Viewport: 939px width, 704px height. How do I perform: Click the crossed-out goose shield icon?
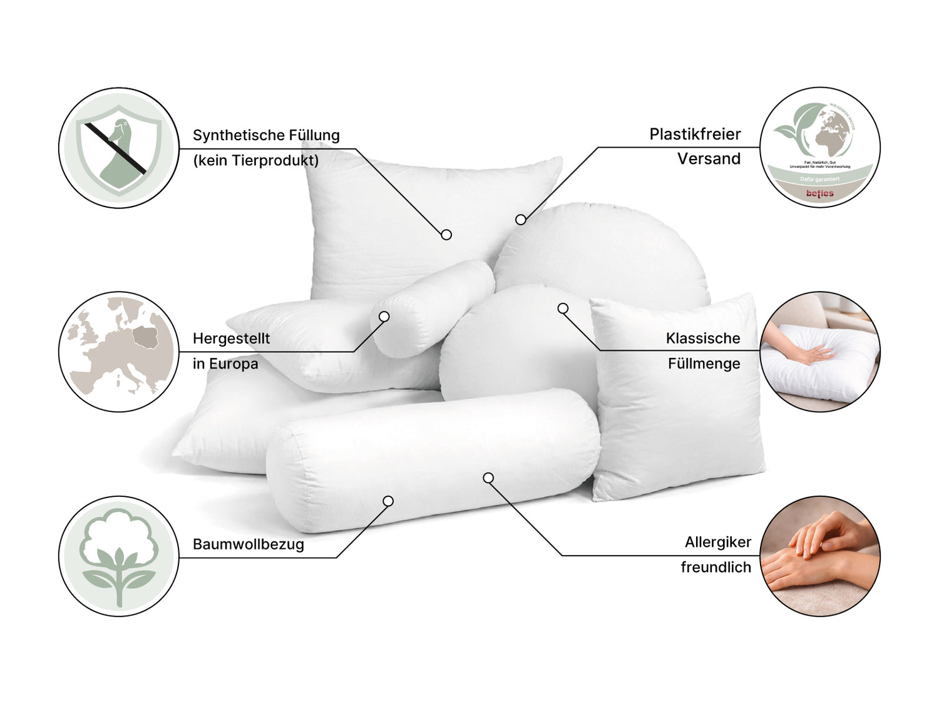119,148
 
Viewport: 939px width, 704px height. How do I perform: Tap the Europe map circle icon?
119,352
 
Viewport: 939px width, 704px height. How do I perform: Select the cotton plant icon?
119,556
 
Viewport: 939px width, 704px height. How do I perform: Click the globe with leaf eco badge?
820,148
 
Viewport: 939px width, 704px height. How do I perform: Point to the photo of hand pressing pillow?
820,352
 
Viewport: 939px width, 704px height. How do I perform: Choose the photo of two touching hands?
820,556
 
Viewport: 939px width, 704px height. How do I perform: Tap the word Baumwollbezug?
249,544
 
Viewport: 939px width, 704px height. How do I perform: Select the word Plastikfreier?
695,135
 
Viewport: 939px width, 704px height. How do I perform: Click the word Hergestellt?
231,339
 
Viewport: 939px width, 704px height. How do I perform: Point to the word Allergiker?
717,543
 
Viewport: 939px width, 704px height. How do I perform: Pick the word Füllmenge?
704,364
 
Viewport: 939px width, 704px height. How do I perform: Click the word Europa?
233,364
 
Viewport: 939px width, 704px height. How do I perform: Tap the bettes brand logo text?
820,193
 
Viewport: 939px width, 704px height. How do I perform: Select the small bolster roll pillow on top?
435,307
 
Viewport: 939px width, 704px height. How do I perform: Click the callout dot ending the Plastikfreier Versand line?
521,220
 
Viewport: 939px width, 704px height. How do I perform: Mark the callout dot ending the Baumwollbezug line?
388,501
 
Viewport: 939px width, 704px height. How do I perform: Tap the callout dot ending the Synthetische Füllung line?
446,235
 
